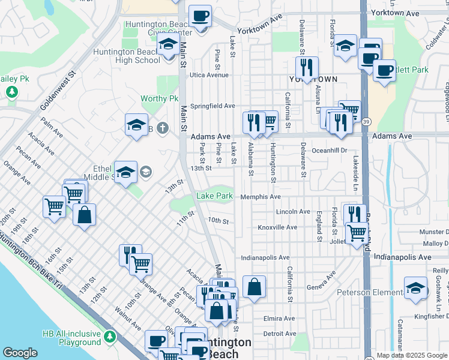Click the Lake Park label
tap(214, 196)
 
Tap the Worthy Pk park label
tap(160, 98)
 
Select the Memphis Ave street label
tap(261, 197)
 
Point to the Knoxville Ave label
tap(277, 227)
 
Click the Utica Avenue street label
tap(209, 75)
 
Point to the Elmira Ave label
tap(279, 318)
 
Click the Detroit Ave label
tap(279, 334)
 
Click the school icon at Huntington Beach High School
tap(168, 45)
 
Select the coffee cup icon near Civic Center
tap(200, 16)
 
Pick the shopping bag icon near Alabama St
tap(255, 286)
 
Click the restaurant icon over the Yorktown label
tap(307, 67)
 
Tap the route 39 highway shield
tap(366, 122)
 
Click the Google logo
tap(20, 353)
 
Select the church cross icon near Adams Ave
tap(162, 128)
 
